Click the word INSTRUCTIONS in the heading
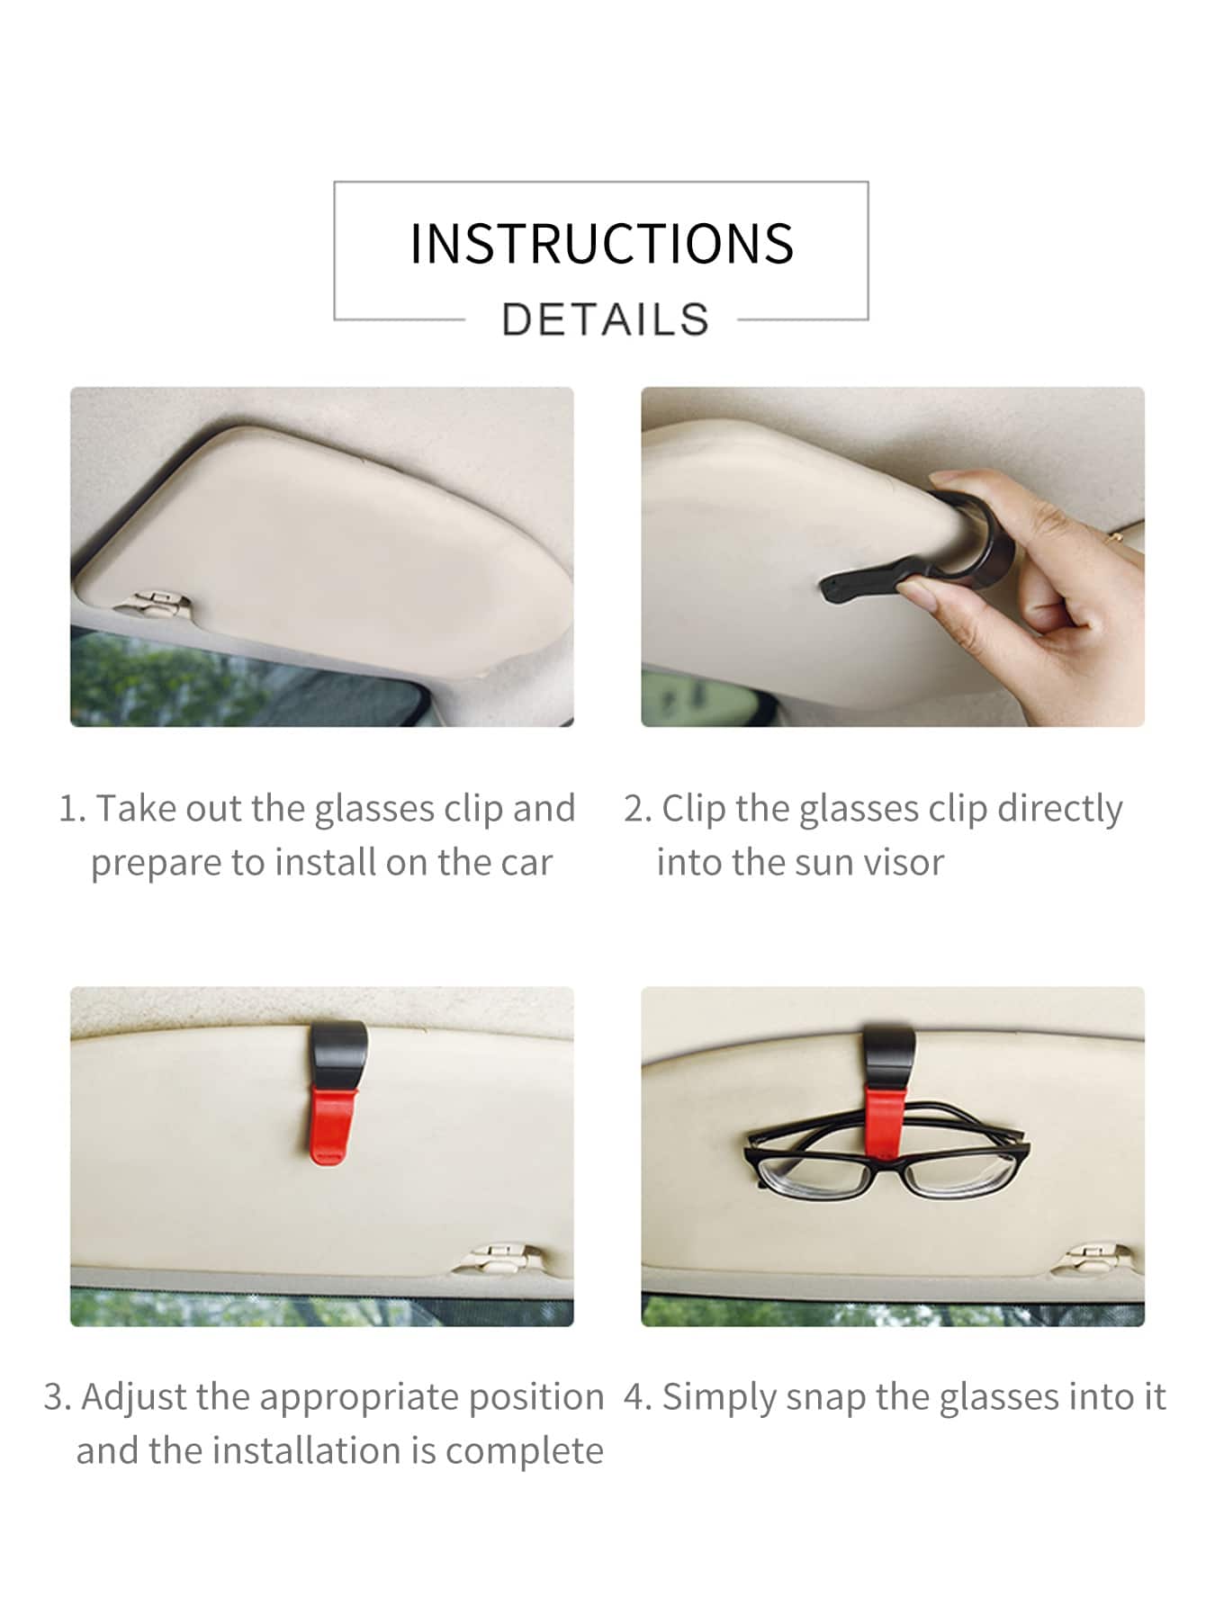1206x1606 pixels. (x=601, y=243)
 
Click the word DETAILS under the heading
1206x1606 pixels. (x=606, y=319)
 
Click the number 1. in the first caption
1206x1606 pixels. (x=72, y=809)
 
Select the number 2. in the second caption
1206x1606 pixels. (x=637, y=809)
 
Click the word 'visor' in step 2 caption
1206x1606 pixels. (x=903, y=863)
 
